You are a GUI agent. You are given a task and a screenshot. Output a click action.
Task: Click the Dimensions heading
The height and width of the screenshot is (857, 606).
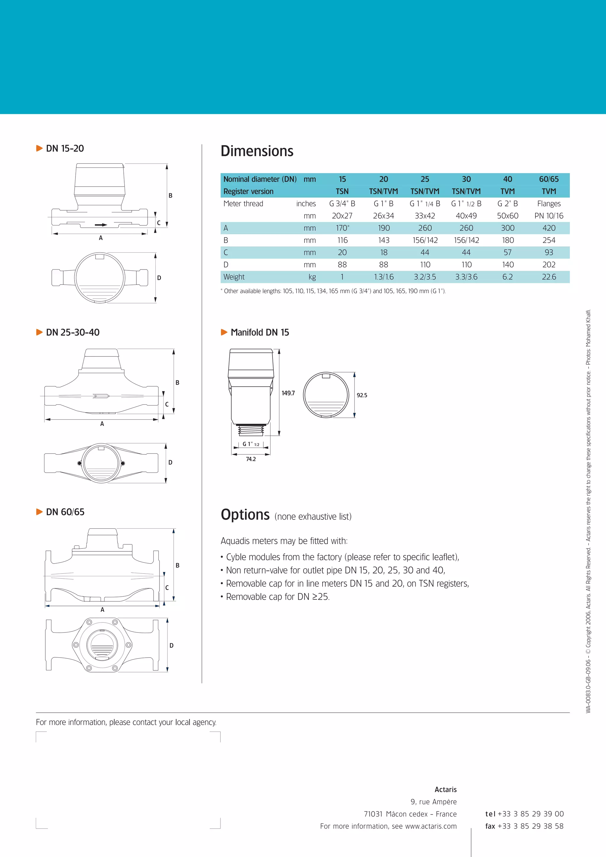click(x=257, y=151)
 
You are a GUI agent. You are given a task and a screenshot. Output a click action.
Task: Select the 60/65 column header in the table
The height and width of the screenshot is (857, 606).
click(x=549, y=179)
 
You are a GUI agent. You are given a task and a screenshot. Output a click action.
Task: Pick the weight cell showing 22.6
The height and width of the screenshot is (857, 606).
click(x=549, y=277)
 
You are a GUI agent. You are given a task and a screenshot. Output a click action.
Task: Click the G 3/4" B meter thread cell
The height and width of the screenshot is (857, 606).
click(x=342, y=204)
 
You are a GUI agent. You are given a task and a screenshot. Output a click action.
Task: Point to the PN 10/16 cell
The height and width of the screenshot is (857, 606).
click(x=549, y=216)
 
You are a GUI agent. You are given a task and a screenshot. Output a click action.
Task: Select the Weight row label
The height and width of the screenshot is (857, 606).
click(x=234, y=277)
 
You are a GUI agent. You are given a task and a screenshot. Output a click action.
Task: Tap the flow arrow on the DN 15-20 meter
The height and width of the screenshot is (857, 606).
click(x=101, y=225)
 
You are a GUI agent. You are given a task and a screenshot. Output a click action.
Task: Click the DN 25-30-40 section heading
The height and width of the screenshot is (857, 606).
click(x=73, y=332)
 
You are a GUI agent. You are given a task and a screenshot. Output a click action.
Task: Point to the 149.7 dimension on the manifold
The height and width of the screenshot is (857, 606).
click(x=288, y=393)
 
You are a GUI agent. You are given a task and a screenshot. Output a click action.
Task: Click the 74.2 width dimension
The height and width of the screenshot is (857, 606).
click(x=251, y=459)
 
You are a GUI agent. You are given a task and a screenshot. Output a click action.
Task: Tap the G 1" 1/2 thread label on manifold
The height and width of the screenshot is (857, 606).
click(x=251, y=444)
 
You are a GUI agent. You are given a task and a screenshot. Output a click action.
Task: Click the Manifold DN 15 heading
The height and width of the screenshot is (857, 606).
click(x=260, y=332)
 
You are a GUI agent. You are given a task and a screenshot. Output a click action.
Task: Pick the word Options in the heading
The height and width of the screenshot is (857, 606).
click(x=245, y=515)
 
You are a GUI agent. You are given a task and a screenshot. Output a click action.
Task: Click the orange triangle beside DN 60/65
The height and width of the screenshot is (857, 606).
click(x=39, y=512)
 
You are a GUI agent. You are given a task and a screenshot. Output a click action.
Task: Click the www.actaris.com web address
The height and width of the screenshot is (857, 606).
click(x=431, y=827)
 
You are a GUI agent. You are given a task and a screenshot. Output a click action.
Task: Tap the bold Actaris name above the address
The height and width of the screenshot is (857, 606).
click(x=445, y=790)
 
